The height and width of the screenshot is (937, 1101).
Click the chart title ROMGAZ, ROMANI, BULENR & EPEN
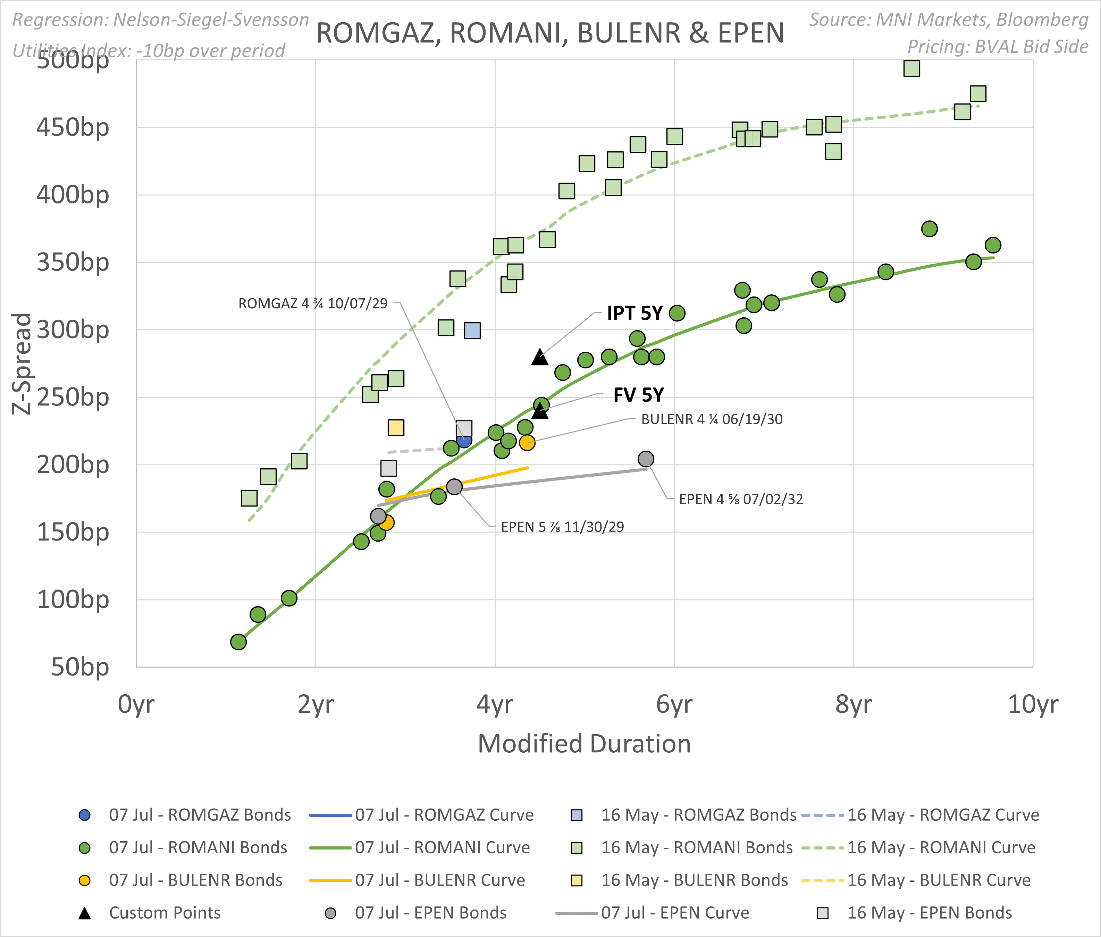(550, 33)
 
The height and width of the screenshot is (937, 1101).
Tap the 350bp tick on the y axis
(73, 262)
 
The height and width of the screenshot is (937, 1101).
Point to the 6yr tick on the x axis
(674, 704)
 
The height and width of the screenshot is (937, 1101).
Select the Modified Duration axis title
(584, 744)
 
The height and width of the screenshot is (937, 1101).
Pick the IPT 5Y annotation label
(635, 313)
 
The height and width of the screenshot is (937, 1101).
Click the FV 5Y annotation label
(638, 395)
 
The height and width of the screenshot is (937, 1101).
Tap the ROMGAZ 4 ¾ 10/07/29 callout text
(313, 304)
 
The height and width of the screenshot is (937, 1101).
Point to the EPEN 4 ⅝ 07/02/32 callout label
(741, 499)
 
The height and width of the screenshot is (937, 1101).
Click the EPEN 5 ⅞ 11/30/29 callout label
(562, 527)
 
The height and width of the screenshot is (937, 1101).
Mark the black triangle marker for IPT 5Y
(540, 358)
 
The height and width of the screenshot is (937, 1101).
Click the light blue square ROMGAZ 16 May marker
(472, 331)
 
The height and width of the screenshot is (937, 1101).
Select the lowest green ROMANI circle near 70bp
(238, 642)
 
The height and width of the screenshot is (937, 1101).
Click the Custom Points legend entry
(165, 913)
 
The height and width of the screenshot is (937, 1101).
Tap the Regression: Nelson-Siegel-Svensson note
(160, 20)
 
